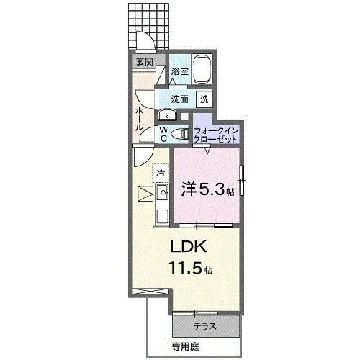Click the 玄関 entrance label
[x=144, y=62]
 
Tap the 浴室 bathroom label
[x=179, y=71]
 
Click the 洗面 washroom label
[x=179, y=99]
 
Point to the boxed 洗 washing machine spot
[x=204, y=99]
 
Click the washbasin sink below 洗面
[x=166, y=115]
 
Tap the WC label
[x=164, y=134]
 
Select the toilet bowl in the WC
[x=181, y=133]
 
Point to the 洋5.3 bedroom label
[x=207, y=190]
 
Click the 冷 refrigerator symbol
[x=161, y=174]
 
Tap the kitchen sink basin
[x=163, y=192]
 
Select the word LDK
[x=189, y=247]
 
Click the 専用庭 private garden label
[x=204, y=345]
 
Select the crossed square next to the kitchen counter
[x=144, y=194]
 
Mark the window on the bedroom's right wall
[x=242, y=181]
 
